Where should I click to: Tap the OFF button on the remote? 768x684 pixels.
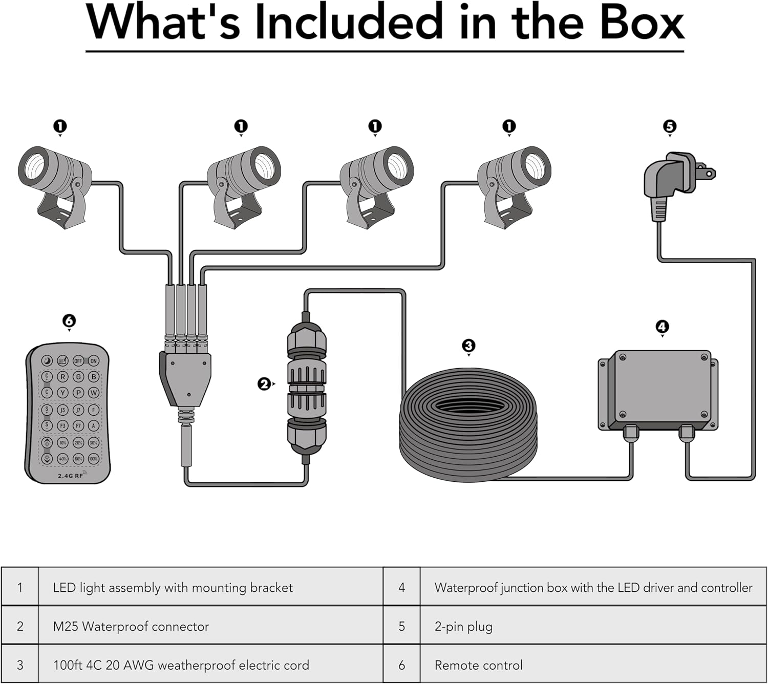(x=78, y=361)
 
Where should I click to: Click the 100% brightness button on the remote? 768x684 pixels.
(x=94, y=458)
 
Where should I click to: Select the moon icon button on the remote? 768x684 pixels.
(x=47, y=361)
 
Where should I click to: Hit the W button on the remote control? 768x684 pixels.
(x=94, y=393)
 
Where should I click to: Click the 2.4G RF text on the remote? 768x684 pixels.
(x=71, y=476)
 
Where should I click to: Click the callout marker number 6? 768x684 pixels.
(x=69, y=321)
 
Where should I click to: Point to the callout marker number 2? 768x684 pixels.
(x=264, y=383)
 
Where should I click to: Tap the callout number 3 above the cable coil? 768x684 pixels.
(x=468, y=346)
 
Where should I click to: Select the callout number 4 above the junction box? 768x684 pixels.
(x=662, y=327)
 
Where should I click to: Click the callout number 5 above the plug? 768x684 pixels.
(x=670, y=126)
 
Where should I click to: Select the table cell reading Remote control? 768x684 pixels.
(x=478, y=665)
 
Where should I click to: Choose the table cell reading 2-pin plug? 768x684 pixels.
(x=463, y=626)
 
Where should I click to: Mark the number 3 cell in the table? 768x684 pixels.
(x=20, y=665)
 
